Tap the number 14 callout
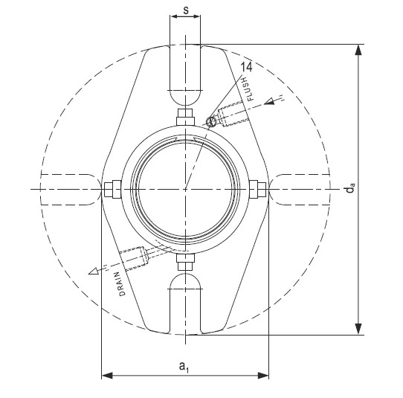[x=247, y=67]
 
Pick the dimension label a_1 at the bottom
[x=184, y=366]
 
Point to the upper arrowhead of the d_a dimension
[x=360, y=51]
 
